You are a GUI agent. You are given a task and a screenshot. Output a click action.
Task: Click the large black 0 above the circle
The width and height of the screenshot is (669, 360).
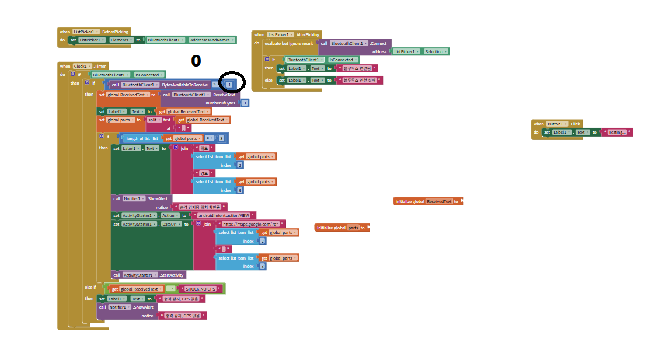pyautogui.click(x=196, y=61)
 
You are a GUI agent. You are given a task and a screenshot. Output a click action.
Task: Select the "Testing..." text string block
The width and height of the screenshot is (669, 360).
pyautogui.click(x=618, y=132)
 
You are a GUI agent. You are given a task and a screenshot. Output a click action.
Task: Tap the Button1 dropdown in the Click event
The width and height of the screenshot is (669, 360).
pyautogui.click(x=557, y=124)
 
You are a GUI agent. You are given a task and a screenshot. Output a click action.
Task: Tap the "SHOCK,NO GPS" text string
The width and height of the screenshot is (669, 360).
pyautogui.click(x=201, y=289)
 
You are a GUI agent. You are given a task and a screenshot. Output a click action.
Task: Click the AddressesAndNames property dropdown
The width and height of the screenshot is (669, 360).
pyautogui.click(x=212, y=40)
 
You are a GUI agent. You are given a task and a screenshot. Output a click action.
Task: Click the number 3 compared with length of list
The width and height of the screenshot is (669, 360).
pyautogui.click(x=221, y=138)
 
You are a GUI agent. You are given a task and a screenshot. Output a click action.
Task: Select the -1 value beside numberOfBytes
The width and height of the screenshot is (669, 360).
pyautogui.click(x=245, y=103)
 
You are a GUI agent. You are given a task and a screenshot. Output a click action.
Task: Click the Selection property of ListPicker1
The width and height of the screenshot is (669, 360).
pyautogui.click(x=435, y=51)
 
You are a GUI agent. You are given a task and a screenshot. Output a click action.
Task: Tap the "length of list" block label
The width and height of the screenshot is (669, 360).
pyautogui.click(x=138, y=138)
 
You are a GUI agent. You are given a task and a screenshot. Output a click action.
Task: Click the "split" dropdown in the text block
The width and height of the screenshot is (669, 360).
pyautogui.click(x=153, y=120)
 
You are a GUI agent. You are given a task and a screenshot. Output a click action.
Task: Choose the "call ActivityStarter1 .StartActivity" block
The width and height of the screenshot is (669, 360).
pyautogui.click(x=148, y=275)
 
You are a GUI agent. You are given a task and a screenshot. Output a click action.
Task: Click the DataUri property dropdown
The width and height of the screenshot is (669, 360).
pyautogui.click(x=170, y=224)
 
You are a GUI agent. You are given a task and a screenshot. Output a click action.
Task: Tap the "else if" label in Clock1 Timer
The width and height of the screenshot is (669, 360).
pyautogui.click(x=90, y=288)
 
